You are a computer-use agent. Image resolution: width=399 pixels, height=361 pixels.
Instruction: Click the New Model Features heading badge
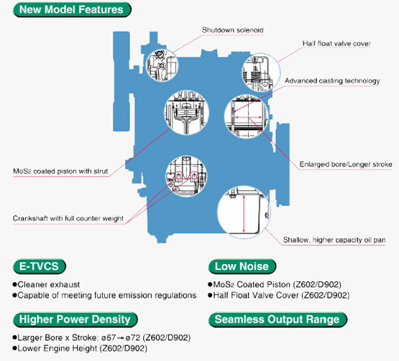pyautogui.click(x=72, y=9)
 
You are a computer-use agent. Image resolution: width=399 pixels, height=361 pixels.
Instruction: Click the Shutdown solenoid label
pyautogui.click(x=233, y=30)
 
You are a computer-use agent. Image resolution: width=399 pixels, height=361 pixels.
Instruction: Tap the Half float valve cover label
pyautogui.click(x=336, y=44)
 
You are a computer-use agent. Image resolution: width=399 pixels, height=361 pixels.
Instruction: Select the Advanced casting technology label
pyautogui.click(x=332, y=81)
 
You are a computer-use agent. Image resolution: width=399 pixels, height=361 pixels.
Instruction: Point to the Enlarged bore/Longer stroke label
pyautogui.click(x=346, y=164)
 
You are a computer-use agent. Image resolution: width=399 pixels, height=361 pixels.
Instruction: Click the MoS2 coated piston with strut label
pyautogui.click(x=60, y=172)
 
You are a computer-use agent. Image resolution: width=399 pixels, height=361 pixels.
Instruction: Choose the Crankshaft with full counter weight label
pyautogui.click(x=68, y=218)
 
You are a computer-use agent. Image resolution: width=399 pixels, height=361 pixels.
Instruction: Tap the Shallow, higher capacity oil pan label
pyautogui.click(x=334, y=240)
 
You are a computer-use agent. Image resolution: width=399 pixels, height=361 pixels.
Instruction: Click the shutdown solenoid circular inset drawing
pyautogui.click(x=162, y=65)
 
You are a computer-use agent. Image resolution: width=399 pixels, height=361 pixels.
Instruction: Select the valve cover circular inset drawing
pyautogui.click(x=260, y=73)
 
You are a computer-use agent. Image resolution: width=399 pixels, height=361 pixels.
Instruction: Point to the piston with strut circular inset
pyautogui.click(x=186, y=112)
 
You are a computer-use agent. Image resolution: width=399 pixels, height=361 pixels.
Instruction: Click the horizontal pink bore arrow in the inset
pyautogui.click(x=248, y=117)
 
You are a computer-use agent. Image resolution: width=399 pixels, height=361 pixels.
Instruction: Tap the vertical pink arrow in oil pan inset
pyautogui.click(x=244, y=214)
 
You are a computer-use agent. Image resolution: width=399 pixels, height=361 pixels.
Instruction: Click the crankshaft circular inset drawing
pyautogui.click(x=186, y=177)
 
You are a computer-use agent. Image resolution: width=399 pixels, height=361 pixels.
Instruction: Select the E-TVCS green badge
pyautogui.click(x=40, y=266)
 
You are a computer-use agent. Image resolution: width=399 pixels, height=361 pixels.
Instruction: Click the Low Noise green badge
pyautogui.click(x=242, y=266)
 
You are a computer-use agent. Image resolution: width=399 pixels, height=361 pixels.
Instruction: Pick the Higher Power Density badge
pyautogui.click(x=75, y=319)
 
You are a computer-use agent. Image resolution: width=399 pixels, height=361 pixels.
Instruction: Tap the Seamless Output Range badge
pyautogui.click(x=278, y=319)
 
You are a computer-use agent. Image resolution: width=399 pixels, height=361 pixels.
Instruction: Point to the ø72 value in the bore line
pyautogui.click(x=133, y=337)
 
